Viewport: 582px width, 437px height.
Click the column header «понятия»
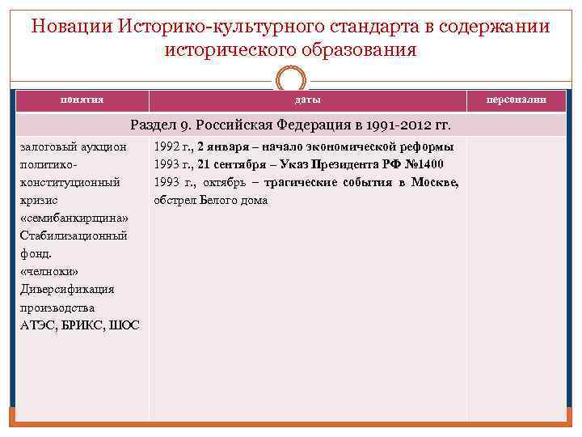(x=82, y=99)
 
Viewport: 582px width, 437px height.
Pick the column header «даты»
(x=307, y=100)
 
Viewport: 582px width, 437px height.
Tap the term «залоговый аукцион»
(x=72, y=146)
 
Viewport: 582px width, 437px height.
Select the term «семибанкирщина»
(x=74, y=218)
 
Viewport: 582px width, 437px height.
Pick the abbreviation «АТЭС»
(x=36, y=325)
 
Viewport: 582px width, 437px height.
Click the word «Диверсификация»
(x=66, y=289)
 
